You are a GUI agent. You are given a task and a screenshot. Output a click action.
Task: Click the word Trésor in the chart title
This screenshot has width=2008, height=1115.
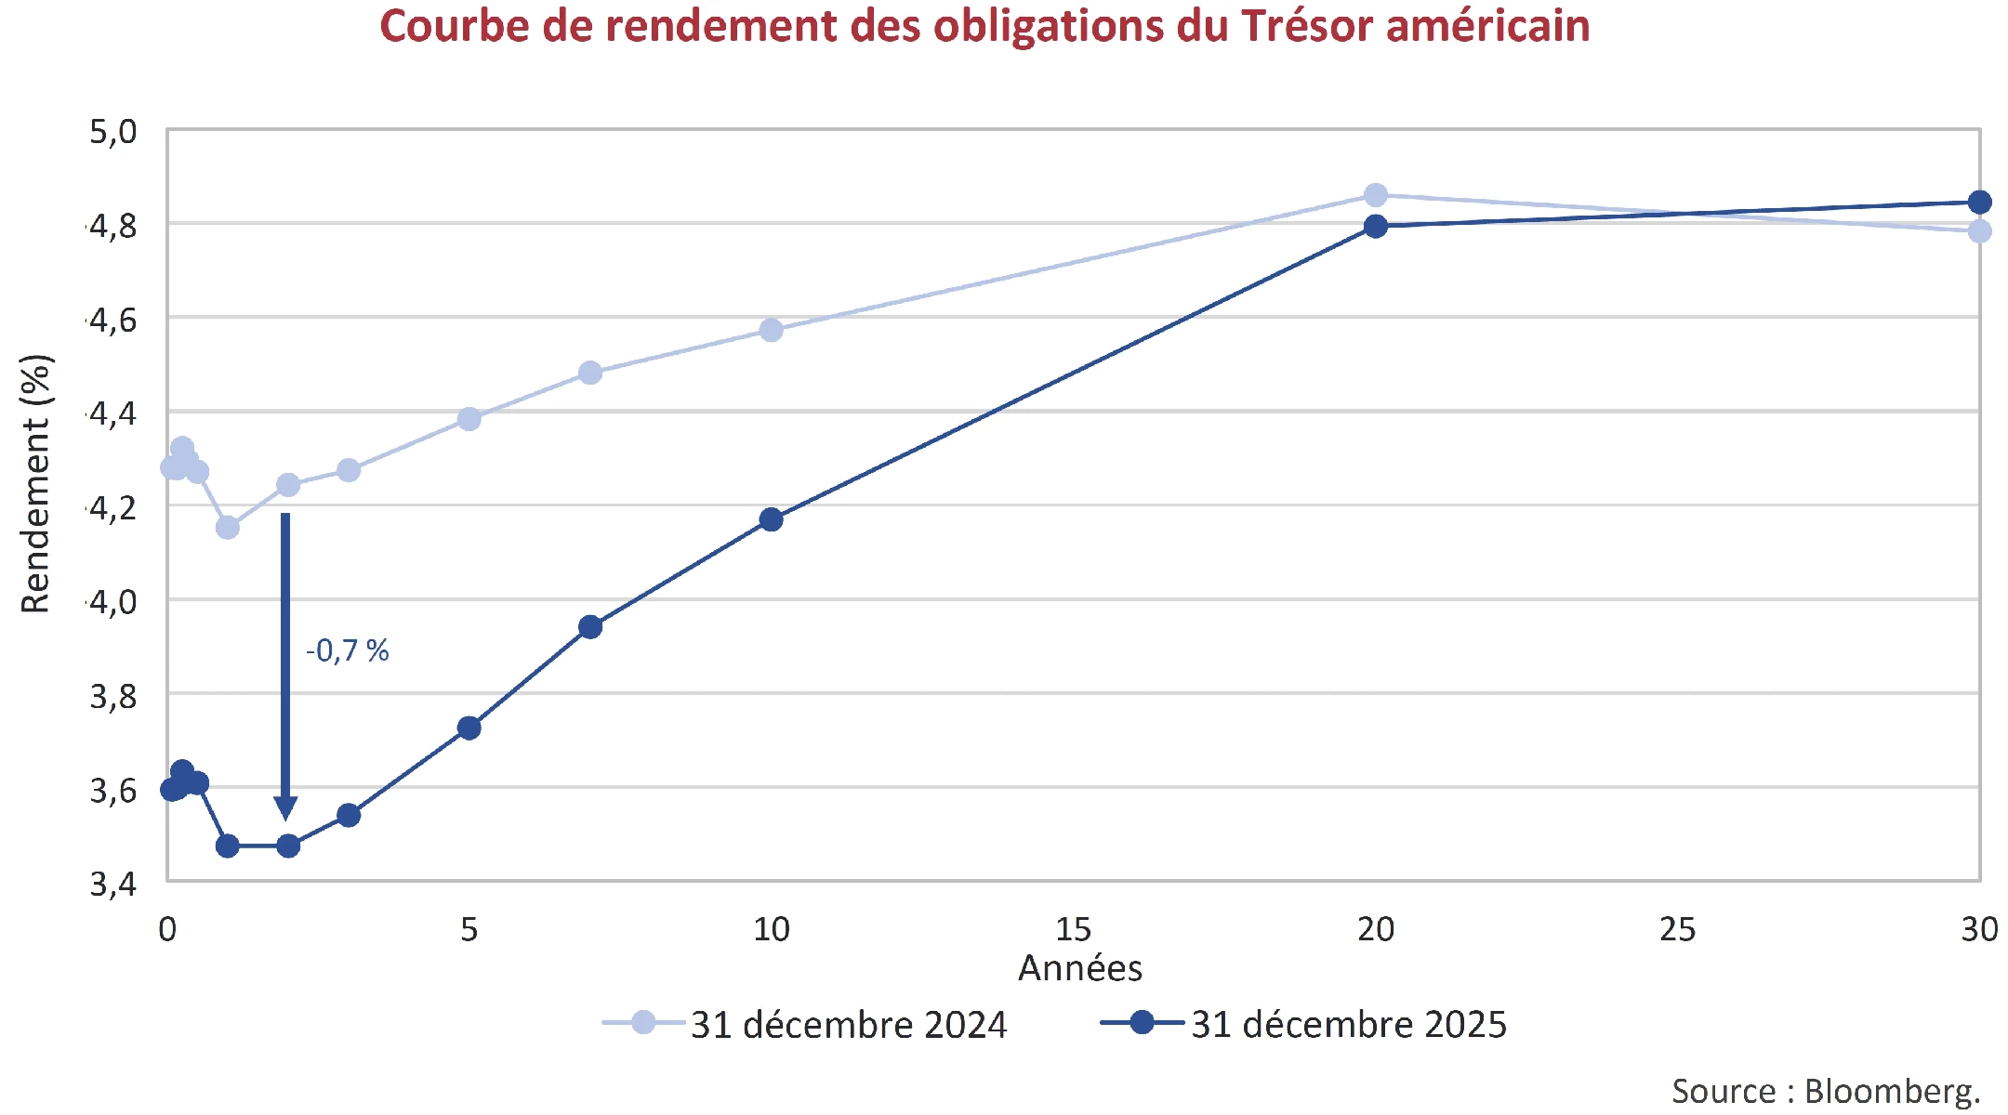click(1306, 26)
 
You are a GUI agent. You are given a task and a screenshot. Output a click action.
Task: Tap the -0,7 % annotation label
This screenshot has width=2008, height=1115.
click(347, 650)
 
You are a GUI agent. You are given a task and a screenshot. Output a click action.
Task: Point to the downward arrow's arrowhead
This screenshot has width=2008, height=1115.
click(285, 807)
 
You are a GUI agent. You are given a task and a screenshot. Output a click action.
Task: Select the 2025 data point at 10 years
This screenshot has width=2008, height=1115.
click(771, 519)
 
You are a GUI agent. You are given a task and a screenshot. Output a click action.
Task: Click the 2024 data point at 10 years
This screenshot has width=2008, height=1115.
click(771, 330)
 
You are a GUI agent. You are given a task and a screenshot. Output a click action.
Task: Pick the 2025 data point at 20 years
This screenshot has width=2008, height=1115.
click(1376, 226)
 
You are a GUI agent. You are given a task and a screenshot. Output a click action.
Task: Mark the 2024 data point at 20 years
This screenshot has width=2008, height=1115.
click(1376, 195)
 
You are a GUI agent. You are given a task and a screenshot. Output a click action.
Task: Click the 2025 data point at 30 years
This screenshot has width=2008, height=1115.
click(1979, 202)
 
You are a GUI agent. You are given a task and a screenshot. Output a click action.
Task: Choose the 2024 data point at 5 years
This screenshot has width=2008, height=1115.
click(469, 419)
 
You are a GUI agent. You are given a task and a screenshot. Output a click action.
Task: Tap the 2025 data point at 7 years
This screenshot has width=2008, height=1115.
click(590, 627)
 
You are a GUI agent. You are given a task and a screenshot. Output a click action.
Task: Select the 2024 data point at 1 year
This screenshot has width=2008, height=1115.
click(228, 528)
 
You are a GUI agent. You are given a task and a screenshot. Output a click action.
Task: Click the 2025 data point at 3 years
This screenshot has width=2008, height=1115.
click(349, 816)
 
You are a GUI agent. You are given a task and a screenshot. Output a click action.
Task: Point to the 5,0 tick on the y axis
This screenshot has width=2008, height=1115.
click(113, 132)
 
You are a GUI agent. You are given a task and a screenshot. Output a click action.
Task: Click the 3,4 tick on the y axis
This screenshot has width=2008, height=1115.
click(113, 884)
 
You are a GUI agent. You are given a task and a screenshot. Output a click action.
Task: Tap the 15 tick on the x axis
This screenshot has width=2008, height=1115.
click(1074, 929)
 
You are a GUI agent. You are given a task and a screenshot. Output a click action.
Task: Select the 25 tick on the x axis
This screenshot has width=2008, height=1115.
click(1677, 929)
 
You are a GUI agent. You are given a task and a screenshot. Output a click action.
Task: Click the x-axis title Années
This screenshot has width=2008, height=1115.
click(1079, 968)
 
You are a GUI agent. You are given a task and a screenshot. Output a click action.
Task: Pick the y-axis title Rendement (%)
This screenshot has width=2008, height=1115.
click(35, 484)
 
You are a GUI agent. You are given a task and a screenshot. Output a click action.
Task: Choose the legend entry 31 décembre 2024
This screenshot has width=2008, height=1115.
click(848, 1025)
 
